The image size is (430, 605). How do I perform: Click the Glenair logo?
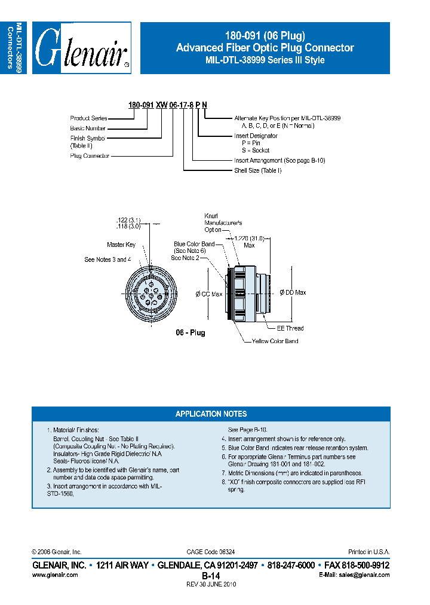[x=82, y=48]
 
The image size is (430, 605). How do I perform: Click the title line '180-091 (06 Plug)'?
[x=265, y=35]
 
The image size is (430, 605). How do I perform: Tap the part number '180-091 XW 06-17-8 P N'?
[x=168, y=105]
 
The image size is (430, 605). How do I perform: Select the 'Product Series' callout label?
[x=88, y=118]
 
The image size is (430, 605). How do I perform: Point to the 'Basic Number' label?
[x=88, y=128]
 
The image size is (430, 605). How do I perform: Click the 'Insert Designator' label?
[x=256, y=136]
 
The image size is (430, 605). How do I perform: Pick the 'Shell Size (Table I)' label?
[x=257, y=170]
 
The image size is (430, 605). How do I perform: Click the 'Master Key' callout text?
[x=121, y=245]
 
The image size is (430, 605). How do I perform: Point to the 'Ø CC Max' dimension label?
[x=209, y=294]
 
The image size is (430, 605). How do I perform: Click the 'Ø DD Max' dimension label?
[x=293, y=292]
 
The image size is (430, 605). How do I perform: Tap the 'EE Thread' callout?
[x=290, y=328]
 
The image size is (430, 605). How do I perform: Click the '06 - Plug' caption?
[x=190, y=333]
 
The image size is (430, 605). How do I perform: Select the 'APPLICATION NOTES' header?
[x=211, y=414]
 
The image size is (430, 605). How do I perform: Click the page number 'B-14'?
[x=211, y=575]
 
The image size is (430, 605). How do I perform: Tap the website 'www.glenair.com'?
[x=54, y=575]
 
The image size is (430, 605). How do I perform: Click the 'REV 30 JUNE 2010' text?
[x=211, y=584]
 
